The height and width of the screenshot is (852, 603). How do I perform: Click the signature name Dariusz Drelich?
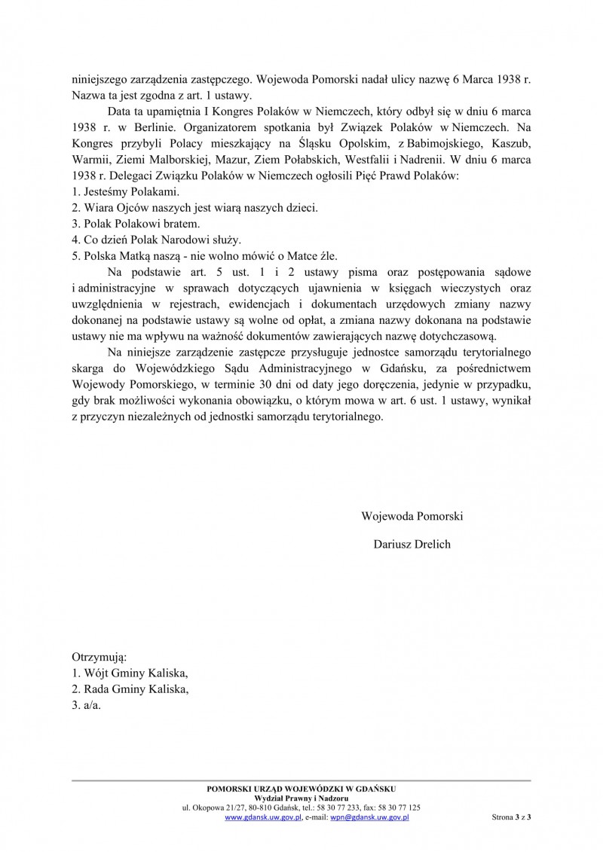point(412,544)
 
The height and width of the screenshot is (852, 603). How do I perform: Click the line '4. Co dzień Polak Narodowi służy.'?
point(156,241)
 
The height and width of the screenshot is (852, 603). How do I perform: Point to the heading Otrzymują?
point(99,657)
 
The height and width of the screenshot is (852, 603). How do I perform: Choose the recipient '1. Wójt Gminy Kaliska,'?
point(130,673)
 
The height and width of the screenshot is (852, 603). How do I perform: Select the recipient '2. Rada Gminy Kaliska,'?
point(130,690)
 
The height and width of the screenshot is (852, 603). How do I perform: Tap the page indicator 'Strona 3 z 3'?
point(511,817)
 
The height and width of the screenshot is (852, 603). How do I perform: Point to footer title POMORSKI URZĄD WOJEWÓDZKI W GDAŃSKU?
point(301,788)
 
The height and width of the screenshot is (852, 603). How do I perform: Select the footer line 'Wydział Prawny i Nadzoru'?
point(301,798)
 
